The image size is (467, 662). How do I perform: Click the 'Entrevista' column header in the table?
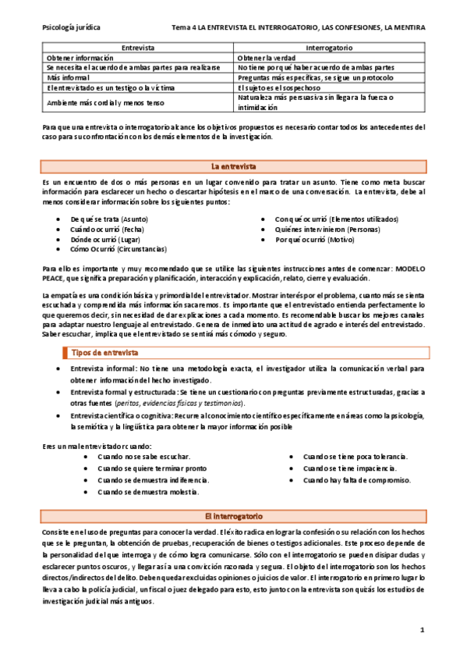[138, 48]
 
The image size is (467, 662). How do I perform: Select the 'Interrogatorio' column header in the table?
[330, 48]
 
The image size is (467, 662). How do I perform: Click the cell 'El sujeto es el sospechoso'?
[285, 88]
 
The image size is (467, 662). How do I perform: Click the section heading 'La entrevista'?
[233, 167]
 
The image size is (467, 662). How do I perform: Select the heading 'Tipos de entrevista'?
[104, 353]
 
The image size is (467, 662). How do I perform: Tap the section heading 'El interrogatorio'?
[233, 517]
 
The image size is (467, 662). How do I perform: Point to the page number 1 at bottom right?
[422, 628]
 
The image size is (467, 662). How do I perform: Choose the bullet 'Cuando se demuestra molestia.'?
[148, 492]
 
